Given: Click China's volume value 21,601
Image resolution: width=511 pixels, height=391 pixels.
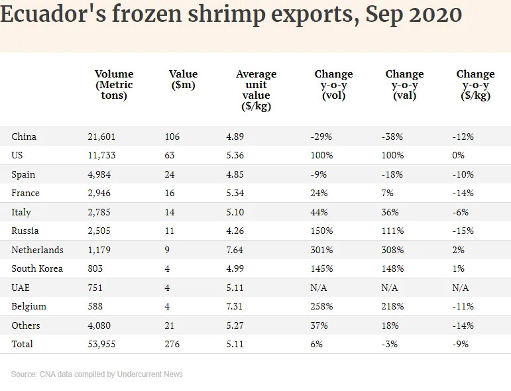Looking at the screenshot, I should click(101, 137).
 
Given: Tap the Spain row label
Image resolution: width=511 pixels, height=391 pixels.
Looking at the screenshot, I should click(23, 174).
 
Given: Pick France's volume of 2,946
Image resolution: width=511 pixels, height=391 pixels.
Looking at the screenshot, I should click(99, 194).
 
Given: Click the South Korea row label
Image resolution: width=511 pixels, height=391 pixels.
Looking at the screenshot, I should click(37, 269).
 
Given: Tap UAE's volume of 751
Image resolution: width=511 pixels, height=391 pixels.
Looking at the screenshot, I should click(97, 288).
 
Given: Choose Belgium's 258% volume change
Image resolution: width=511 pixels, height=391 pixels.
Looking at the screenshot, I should click(321, 307).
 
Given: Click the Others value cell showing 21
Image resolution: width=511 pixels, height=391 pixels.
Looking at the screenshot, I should click(170, 325).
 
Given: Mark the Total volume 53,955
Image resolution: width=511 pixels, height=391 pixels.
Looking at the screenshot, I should click(101, 345).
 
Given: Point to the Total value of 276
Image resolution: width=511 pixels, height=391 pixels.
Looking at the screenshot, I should click(172, 345).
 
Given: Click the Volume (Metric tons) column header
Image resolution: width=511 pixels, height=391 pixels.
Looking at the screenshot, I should click(114, 84).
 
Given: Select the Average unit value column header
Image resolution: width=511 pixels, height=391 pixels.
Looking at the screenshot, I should click(256, 90).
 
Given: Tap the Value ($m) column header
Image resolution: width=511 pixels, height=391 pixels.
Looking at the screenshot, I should click(183, 80).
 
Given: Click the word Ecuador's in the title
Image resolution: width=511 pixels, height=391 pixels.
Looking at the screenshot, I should click(49, 15).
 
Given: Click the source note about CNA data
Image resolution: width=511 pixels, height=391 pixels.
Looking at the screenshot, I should click(97, 374).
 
